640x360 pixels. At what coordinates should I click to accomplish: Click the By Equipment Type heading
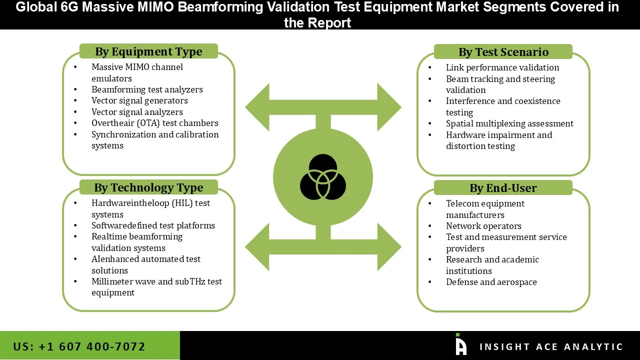point(148,51)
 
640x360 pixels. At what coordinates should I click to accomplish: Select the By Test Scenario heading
point(503,52)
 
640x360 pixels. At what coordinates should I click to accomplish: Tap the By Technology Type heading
point(148,187)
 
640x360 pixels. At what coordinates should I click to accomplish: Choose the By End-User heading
point(503,188)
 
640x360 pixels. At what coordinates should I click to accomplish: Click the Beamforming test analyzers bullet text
point(147,89)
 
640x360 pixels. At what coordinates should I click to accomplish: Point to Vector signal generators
point(139,100)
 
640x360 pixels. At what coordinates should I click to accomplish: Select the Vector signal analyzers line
point(137,112)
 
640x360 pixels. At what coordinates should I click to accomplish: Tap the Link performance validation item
point(502,67)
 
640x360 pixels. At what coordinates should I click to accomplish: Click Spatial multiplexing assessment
point(509,123)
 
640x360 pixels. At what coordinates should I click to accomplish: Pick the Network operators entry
point(483,226)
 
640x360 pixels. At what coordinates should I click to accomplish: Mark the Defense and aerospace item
point(491,282)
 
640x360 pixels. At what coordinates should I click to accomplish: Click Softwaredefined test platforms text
point(153,225)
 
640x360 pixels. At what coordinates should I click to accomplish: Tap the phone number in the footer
point(79,346)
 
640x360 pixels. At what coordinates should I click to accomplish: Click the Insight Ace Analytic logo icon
point(460,344)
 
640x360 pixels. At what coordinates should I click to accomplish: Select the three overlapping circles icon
point(323,177)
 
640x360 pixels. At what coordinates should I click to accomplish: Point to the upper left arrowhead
point(257,107)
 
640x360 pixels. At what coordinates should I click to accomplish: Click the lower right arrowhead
point(388,246)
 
